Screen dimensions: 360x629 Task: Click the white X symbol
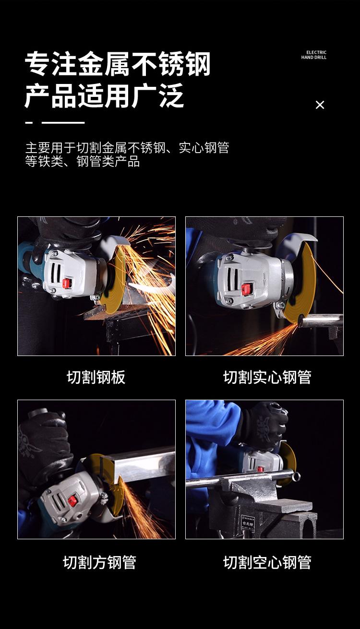[320, 105]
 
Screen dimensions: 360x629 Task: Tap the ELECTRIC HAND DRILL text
[314, 55]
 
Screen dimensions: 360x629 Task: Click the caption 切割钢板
[96, 377]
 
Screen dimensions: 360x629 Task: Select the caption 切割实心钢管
[267, 377]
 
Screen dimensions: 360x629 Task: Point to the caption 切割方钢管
[99, 562]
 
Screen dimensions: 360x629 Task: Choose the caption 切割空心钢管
[267, 562]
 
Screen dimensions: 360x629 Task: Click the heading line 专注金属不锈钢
[118, 64]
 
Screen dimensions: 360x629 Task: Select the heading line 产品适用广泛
[104, 95]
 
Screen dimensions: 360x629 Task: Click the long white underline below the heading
[63, 123]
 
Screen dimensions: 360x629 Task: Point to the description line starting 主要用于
[127, 148]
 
